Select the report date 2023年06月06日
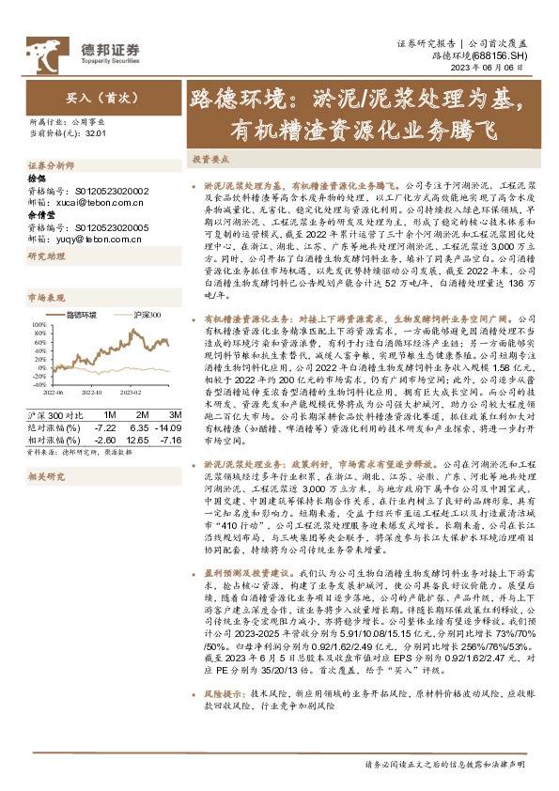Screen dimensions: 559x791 (x=502, y=69)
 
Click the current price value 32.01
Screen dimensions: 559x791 (x=94, y=133)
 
